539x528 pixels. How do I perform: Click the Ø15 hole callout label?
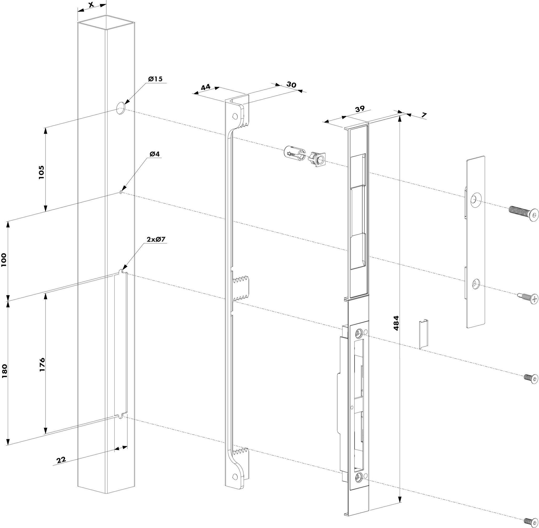(x=155, y=79)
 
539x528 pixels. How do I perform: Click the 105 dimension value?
(x=41, y=172)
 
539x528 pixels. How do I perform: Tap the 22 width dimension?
(x=61, y=460)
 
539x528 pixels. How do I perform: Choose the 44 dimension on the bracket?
(x=206, y=87)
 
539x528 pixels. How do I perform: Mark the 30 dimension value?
(x=291, y=84)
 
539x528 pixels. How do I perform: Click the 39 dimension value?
(x=360, y=109)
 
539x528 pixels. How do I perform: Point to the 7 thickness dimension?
(x=423, y=115)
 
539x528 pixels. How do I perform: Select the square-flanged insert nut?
(x=317, y=159)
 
